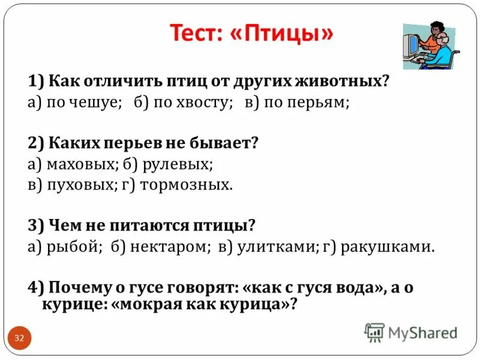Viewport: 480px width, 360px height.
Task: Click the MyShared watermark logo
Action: pos(411,332)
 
